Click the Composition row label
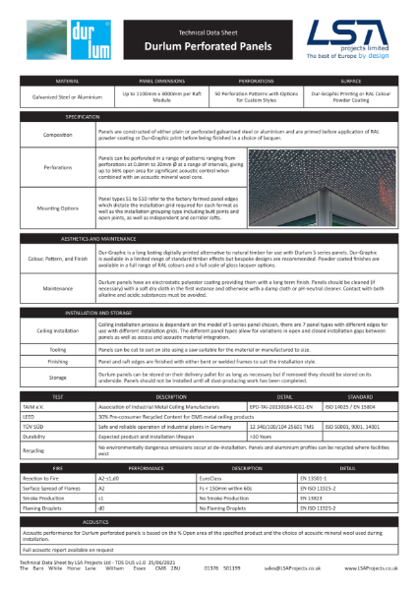point(57,134)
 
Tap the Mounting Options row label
point(57,209)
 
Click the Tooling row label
point(57,348)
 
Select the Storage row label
point(57,377)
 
